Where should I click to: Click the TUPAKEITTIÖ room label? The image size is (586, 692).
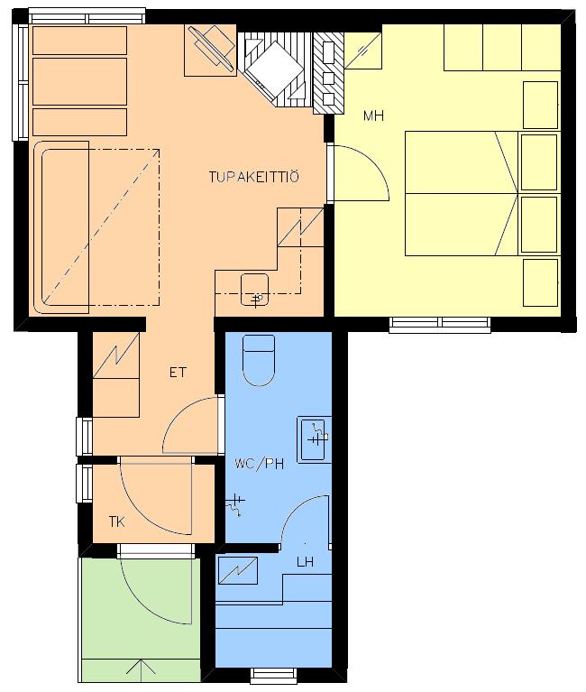pyautogui.click(x=253, y=177)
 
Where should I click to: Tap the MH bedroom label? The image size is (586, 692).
pyautogui.click(x=373, y=115)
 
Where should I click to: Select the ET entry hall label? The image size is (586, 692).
pyautogui.click(x=178, y=373)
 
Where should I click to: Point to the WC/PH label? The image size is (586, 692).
pyautogui.click(x=260, y=464)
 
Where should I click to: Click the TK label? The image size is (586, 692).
pyautogui.click(x=117, y=522)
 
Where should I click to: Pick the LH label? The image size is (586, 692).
pyautogui.click(x=305, y=562)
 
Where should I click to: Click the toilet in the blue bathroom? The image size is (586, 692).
pyautogui.click(x=259, y=361)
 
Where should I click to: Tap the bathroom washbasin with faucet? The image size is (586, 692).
pyautogui.click(x=314, y=439)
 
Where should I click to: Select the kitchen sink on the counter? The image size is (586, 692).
pyautogui.click(x=255, y=290)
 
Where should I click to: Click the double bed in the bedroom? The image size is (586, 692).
pyautogui.click(x=462, y=193)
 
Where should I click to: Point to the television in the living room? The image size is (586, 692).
pyautogui.click(x=211, y=48)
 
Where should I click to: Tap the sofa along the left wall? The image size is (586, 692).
pyautogui.click(x=61, y=227)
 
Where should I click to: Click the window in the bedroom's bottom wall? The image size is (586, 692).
pyautogui.click(x=440, y=324)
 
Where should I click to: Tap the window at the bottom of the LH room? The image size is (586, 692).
pyautogui.click(x=273, y=675)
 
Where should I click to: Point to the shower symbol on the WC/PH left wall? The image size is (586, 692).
pyautogui.click(x=235, y=504)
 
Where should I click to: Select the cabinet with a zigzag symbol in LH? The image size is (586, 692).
pyautogui.click(x=238, y=570)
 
